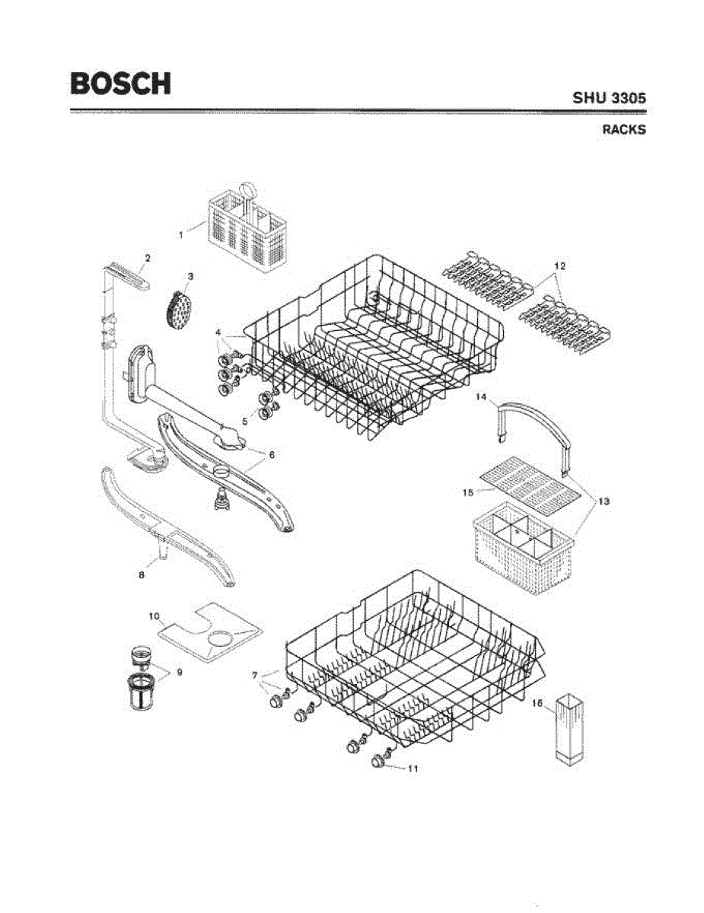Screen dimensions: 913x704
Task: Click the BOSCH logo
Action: pos(120,83)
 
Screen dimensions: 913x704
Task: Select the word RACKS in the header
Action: pos(624,129)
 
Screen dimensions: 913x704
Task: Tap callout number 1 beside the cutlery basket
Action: pos(181,235)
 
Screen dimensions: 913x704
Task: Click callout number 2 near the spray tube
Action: pos(148,259)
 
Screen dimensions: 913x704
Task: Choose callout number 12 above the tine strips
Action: pos(559,266)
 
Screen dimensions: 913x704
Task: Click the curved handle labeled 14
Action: pos(533,426)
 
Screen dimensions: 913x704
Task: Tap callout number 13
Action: pos(603,501)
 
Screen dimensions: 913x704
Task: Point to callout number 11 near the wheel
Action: pos(413,768)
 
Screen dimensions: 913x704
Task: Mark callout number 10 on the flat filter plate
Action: pos(153,614)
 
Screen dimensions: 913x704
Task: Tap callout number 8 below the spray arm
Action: pos(142,575)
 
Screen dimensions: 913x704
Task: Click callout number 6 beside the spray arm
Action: pos(272,455)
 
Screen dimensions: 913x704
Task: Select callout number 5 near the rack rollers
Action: pos(245,419)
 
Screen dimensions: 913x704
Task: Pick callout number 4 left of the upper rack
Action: pos(218,332)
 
